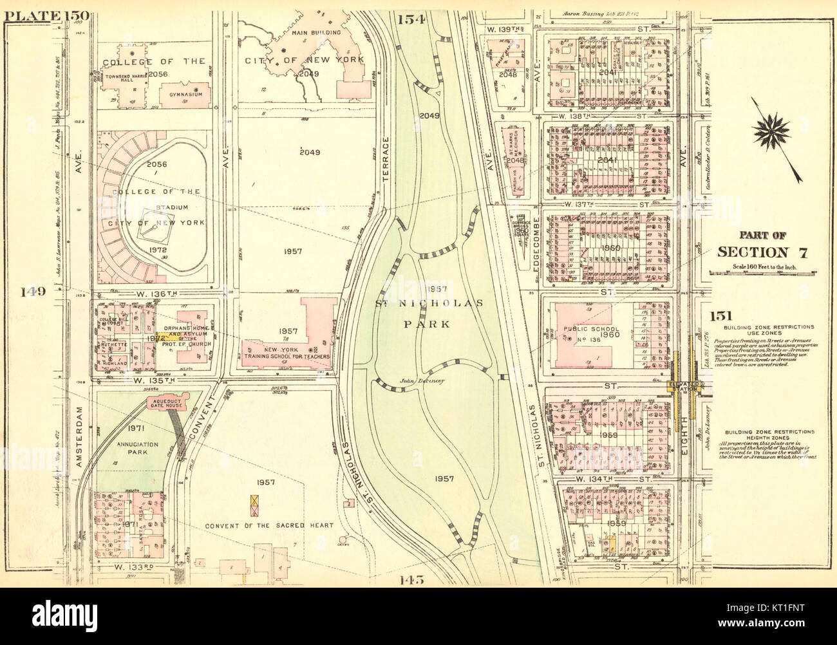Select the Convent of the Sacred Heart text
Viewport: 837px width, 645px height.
269,525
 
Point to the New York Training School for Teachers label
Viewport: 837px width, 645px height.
287,357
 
